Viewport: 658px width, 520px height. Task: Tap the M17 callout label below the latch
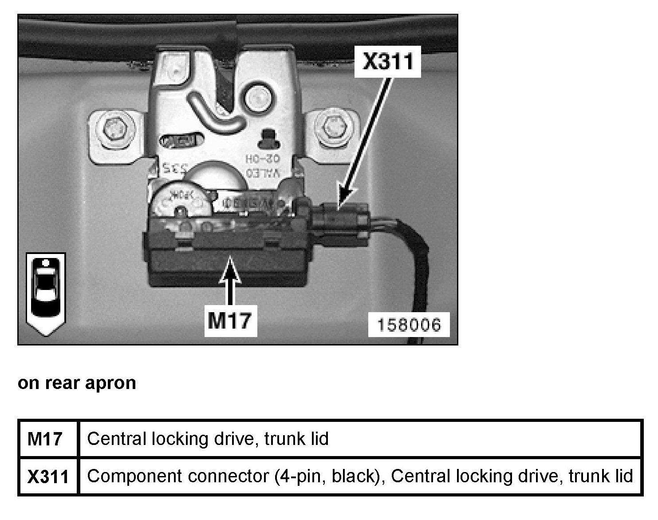click(x=230, y=320)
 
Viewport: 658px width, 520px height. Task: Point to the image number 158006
click(x=409, y=325)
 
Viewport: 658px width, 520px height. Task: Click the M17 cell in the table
click(x=45, y=439)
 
